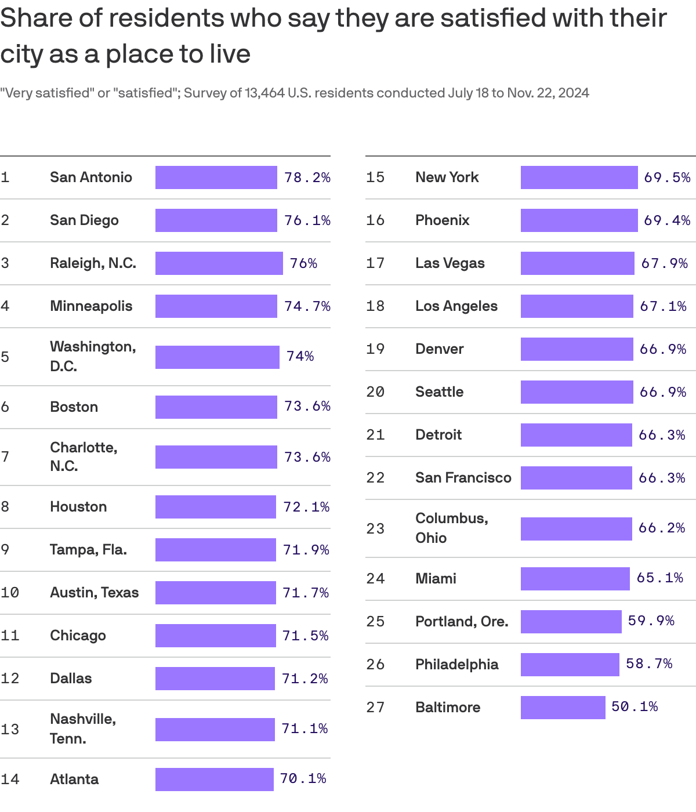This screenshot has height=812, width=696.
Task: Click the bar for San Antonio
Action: pos(216,177)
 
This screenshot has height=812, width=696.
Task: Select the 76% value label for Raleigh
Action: pos(303,263)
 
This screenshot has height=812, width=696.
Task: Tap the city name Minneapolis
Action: pos(91,306)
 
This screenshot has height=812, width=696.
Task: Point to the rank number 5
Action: pos(5,357)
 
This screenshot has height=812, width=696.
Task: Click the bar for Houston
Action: pos(215,507)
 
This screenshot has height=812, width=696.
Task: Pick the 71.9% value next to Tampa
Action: pos(306,550)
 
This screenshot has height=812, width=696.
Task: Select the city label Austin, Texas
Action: pos(94,593)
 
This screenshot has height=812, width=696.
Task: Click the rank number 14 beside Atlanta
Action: pos(10,780)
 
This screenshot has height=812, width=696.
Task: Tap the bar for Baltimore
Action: pos(563,708)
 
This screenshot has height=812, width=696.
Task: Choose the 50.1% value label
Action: pos(635,707)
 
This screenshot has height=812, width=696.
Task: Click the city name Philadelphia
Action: pos(456,665)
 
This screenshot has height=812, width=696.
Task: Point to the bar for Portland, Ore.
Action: pos(571,622)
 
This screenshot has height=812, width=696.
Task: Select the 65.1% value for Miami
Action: pos(659,578)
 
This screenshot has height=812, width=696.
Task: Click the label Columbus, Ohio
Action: pos(451,528)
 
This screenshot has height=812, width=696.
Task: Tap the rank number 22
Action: pos(375,478)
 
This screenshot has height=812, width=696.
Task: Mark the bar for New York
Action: pos(579,177)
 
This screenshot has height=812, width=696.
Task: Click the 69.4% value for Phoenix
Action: pos(667,220)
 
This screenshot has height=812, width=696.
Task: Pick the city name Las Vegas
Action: pos(449,263)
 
